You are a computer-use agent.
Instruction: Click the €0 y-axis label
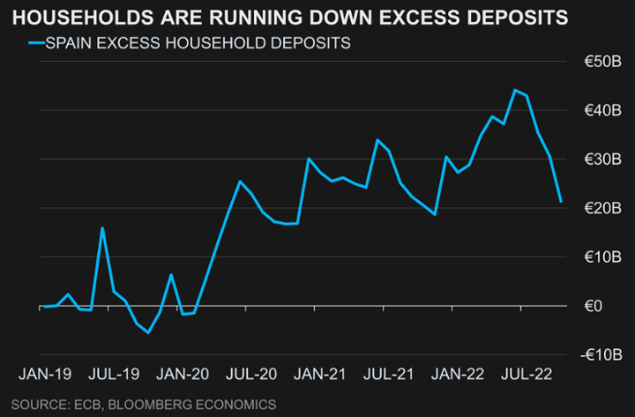594,306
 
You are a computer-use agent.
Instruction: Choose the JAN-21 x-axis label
320,374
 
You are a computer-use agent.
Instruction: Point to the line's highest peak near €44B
515,90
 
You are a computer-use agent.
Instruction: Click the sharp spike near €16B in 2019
102,227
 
